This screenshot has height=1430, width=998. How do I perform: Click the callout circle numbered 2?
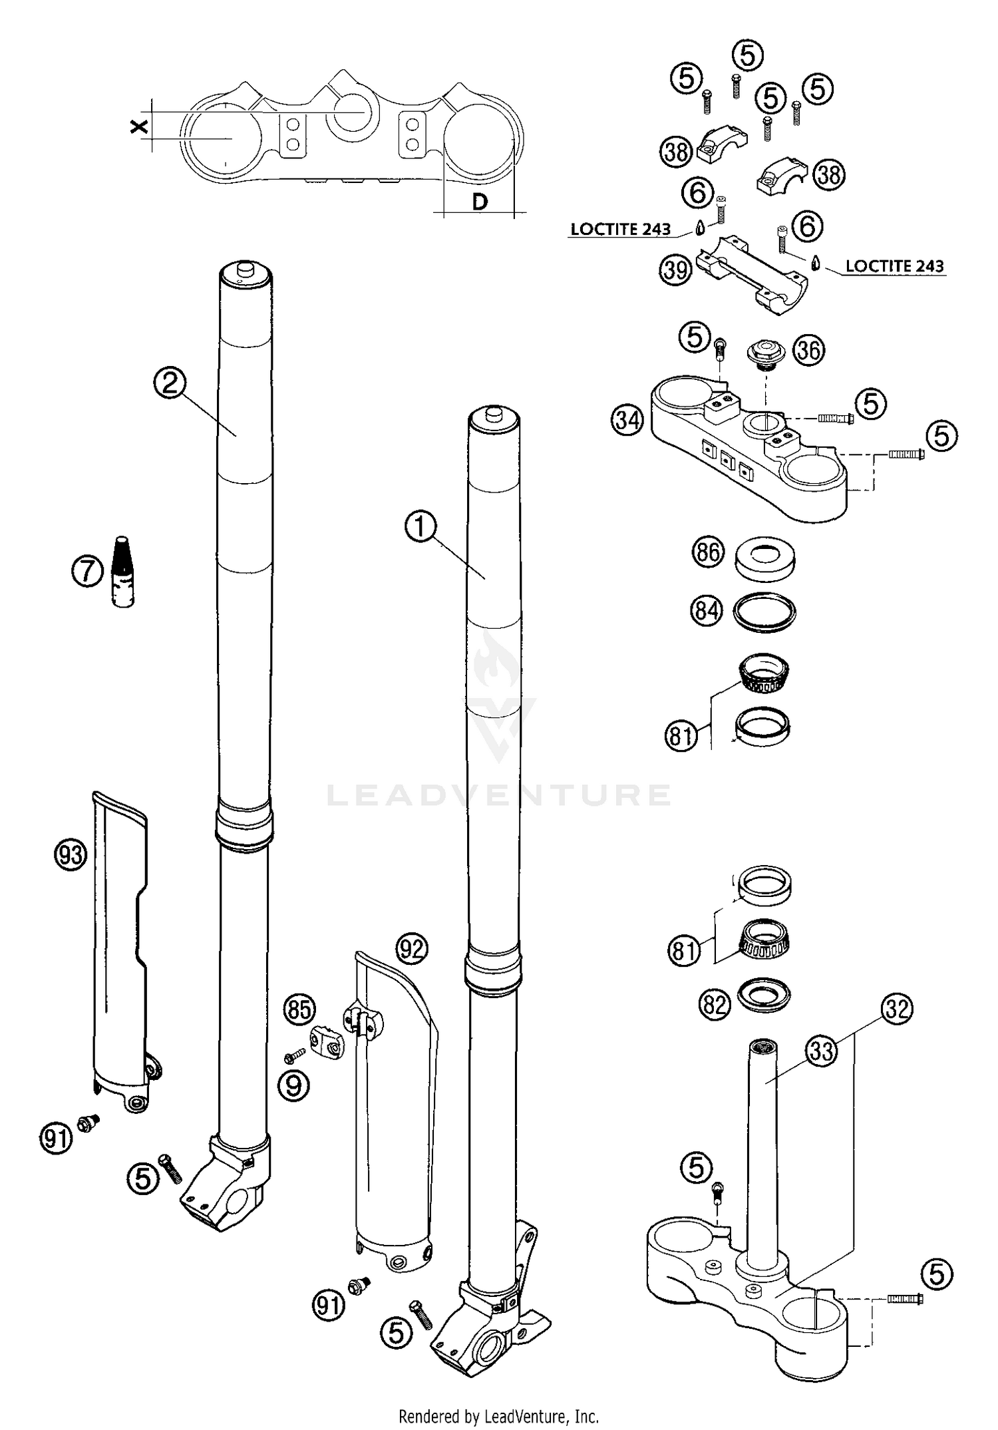tap(170, 383)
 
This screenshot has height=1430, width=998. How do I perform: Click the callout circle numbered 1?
tap(420, 527)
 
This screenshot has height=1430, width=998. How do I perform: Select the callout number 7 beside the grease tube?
tap(87, 572)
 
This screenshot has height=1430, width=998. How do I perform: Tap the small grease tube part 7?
tap(122, 572)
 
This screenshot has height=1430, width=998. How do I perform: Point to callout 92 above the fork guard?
tap(411, 948)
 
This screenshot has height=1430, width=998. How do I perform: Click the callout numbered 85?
tap(299, 1009)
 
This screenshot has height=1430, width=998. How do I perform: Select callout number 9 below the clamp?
tap(293, 1085)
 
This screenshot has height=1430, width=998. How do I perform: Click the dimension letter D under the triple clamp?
tap(480, 202)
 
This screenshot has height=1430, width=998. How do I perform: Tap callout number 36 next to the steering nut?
tap(808, 350)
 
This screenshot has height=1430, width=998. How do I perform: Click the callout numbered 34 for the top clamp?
tap(628, 421)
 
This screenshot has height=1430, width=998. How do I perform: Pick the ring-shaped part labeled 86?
tap(765, 558)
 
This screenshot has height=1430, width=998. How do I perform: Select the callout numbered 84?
tap(707, 610)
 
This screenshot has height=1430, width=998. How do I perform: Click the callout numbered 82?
tap(715, 1004)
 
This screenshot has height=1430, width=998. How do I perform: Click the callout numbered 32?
tap(897, 1009)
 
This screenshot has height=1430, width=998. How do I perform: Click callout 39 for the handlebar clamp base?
tap(675, 270)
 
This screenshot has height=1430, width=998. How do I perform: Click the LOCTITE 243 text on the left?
tap(620, 229)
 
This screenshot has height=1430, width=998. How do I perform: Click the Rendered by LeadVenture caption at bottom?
tap(498, 1415)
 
